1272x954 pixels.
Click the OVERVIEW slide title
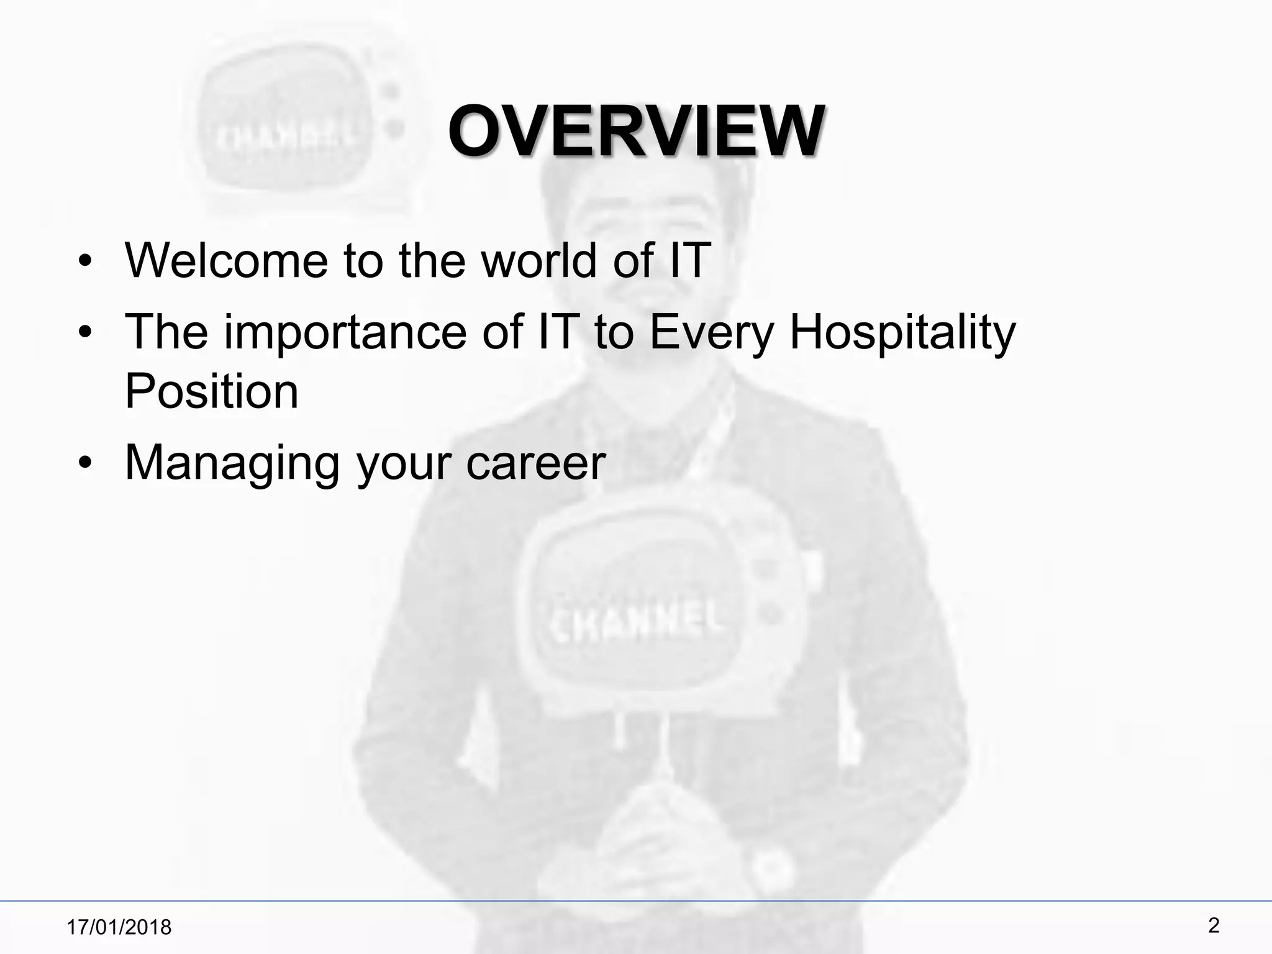pos(636,132)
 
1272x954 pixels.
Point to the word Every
pos(711,332)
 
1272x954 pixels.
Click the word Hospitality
pos(902,332)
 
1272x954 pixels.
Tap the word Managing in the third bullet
pos(232,463)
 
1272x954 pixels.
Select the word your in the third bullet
pos(402,464)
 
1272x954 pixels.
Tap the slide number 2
pos(1214,926)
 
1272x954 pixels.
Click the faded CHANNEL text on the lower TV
pos(633,617)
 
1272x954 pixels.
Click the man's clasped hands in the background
pos(646,832)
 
